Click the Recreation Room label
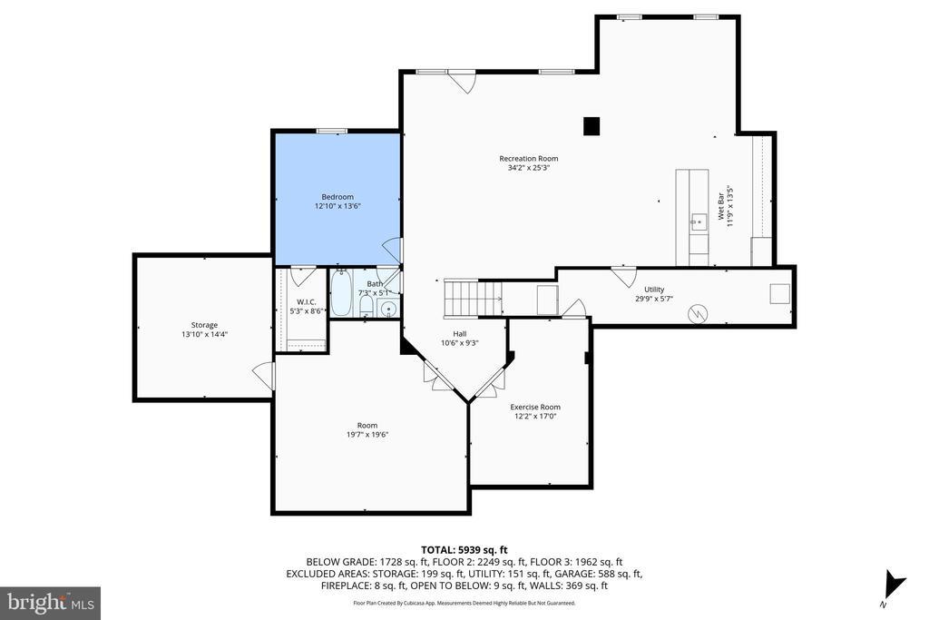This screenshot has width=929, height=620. [x=529, y=158]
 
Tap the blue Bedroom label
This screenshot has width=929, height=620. [x=337, y=197]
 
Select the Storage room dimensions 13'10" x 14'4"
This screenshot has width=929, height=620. [x=204, y=334]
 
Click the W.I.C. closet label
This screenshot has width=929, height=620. [x=307, y=301]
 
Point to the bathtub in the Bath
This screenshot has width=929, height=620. [x=341, y=293]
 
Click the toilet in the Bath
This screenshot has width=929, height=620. [x=367, y=306]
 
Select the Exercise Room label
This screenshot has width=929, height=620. [x=535, y=407]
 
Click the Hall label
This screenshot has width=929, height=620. [x=460, y=334]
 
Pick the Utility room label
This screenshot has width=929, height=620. [x=654, y=290]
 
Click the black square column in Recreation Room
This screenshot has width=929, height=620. [x=592, y=126]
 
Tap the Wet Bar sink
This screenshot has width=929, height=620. [x=698, y=223]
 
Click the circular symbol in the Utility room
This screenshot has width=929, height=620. [x=698, y=313]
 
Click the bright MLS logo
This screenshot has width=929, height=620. [x=51, y=604]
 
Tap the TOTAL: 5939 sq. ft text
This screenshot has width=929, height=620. [x=464, y=550]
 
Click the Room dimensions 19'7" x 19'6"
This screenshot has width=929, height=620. [x=367, y=435]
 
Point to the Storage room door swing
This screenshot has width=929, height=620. [x=265, y=376]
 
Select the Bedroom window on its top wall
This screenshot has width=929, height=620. [x=331, y=131]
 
